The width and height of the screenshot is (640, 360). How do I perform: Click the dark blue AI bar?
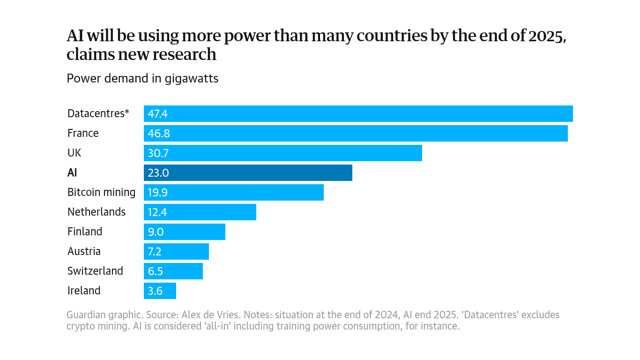click(248, 172)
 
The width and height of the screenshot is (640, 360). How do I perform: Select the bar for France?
click(356, 133)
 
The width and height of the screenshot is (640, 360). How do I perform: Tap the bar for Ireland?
click(160, 291)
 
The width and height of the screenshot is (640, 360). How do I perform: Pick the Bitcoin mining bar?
click(233, 192)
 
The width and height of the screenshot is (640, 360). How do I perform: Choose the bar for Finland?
click(184, 232)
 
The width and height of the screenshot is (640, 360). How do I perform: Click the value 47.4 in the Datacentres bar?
click(157, 113)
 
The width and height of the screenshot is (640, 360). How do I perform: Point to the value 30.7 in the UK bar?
click(158, 153)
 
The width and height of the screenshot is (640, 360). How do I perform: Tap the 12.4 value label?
click(157, 212)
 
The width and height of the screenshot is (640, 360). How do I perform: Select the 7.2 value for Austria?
click(155, 251)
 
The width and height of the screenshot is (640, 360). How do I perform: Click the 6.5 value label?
click(155, 271)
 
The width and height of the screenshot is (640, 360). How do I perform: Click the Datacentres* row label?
click(98, 113)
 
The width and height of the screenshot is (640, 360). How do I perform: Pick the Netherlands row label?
click(97, 212)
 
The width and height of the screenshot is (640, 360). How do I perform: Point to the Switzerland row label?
click(95, 271)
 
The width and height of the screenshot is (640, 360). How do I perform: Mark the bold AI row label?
click(72, 172)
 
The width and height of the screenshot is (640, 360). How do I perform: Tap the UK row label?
click(74, 153)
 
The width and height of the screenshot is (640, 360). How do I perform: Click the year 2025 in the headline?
click(547, 36)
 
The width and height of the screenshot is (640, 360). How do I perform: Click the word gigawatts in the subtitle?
click(191, 78)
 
